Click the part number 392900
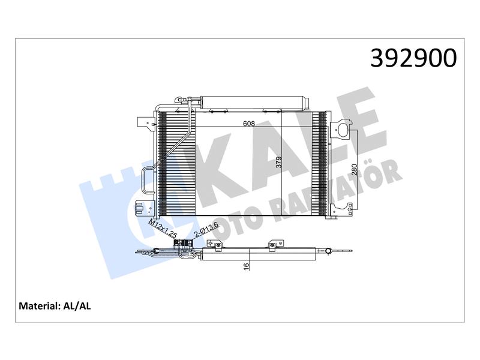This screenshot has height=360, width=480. tap(413, 58)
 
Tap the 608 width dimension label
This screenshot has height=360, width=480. tap(249, 124)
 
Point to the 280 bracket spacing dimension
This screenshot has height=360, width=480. tap(355, 169)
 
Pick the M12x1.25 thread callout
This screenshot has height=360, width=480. tap(163, 229)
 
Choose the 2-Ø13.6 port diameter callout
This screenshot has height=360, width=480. tap(206, 229)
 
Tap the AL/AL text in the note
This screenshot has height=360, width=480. tap(77, 306)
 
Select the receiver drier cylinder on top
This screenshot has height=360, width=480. tap(254, 102)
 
